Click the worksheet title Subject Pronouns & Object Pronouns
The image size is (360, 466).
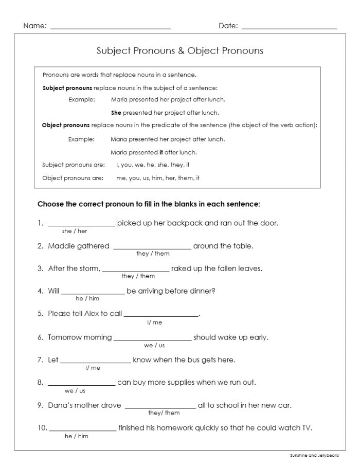coord(180,51)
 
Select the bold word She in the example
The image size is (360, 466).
coord(116,113)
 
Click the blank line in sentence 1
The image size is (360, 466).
coord(81,225)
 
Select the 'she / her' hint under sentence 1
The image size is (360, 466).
coord(75,231)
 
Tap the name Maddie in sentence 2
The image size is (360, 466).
coord(62,246)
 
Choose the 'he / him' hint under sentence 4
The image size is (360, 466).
coord(87,298)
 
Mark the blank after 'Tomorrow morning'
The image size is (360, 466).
coord(152,340)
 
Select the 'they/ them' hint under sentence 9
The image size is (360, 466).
coord(164,413)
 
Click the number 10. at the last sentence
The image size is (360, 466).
coord(42,427)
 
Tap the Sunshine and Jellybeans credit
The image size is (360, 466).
coord(314,456)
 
